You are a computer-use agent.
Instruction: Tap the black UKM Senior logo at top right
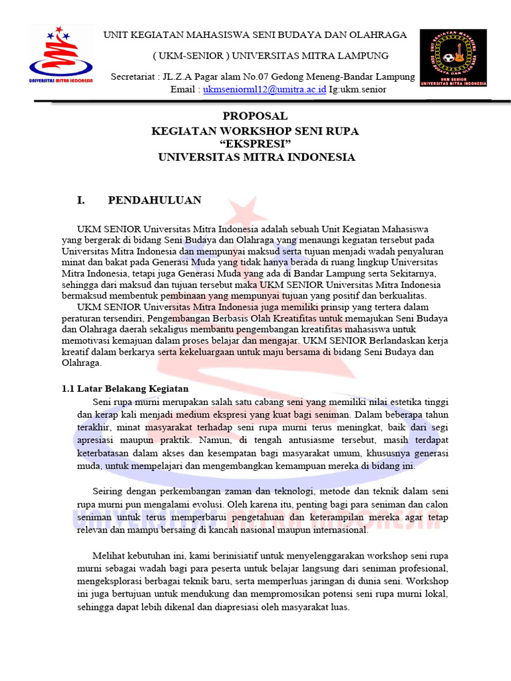(x=452, y=58)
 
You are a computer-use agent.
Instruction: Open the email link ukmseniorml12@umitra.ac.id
(x=264, y=89)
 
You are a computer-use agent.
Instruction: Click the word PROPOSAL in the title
(x=255, y=116)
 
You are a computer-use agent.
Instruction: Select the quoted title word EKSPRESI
(x=255, y=144)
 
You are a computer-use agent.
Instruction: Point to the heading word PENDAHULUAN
(x=154, y=200)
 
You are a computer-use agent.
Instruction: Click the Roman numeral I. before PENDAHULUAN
(x=83, y=200)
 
